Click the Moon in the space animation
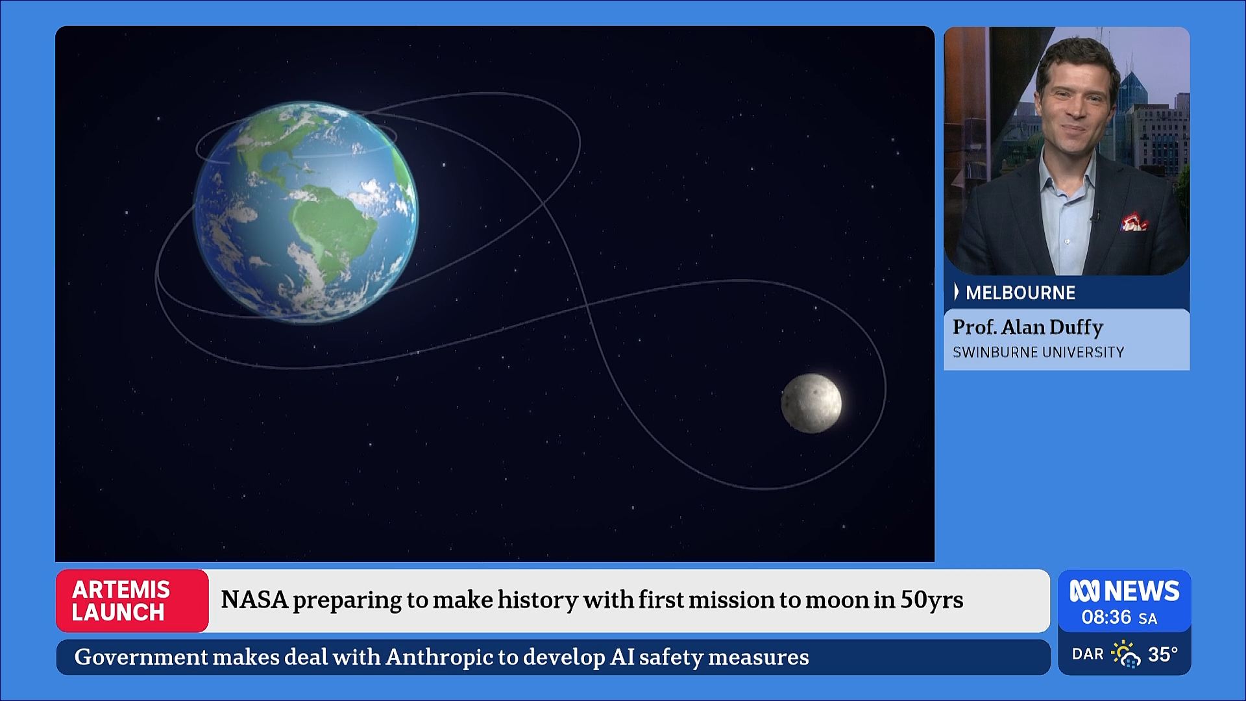pos(811,403)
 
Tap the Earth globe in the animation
pos(306,212)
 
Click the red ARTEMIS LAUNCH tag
pos(132,600)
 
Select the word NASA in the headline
pos(254,600)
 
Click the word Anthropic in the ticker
pos(439,657)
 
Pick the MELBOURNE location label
pos(1020,293)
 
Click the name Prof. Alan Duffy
pos(1027,327)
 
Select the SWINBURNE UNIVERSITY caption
pos(1038,352)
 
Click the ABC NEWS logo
pos(1124,591)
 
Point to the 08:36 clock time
pos(1106,617)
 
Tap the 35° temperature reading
pos(1163,654)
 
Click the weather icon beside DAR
pos(1126,654)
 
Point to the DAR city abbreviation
pos(1088,654)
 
